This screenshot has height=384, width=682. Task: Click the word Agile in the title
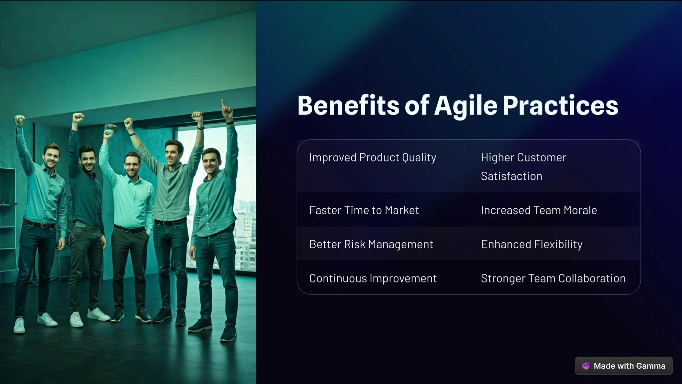(466, 106)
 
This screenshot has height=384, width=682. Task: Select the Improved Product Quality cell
(373, 157)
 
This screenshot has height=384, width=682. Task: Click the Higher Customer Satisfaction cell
(523, 166)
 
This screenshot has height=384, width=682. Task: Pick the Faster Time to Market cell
(364, 210)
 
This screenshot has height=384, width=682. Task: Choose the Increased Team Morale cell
(539, 210)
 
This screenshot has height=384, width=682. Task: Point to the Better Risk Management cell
(371, 244)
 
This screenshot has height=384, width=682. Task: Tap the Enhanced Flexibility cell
(531, 244)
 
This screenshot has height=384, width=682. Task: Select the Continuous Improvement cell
(373, 278)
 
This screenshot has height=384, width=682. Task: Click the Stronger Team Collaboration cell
(553, 278)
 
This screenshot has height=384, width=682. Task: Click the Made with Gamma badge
(624, 366)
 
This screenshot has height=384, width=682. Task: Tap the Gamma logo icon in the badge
(586, 366)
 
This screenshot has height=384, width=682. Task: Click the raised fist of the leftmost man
(20, 120)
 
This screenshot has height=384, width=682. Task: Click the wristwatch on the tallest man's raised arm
(200, 127)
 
